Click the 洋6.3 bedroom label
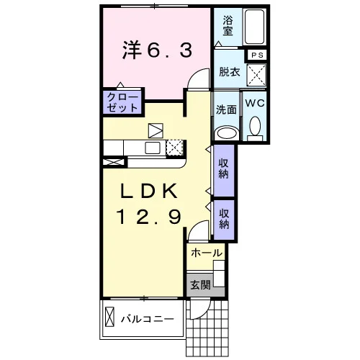coord(157,50)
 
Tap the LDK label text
coord(149,191)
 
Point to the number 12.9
coord(149,217)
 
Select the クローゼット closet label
coord(122,102)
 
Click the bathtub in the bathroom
coord(254,27)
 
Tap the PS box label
coord(257,55)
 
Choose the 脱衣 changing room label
coord(230,71)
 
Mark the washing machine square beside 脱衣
coord(256,75)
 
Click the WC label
coord(255,103)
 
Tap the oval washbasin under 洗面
coord(227,133)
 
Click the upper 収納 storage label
coord(223,168)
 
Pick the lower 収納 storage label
coord(224,219)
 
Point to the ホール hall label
coord(207,253)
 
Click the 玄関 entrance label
coord(201,285)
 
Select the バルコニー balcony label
coord(148,319)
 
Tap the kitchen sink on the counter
coord(153,148)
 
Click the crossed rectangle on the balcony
coord(109,317)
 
